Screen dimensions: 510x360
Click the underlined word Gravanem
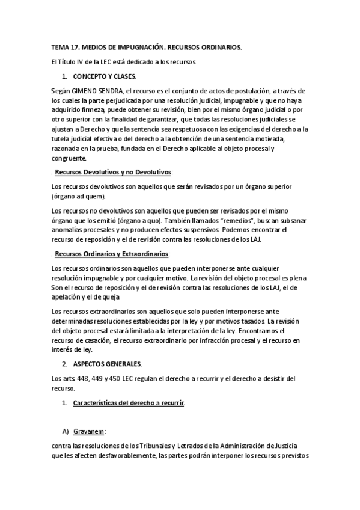pyautogui.click(x=90, y=431)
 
